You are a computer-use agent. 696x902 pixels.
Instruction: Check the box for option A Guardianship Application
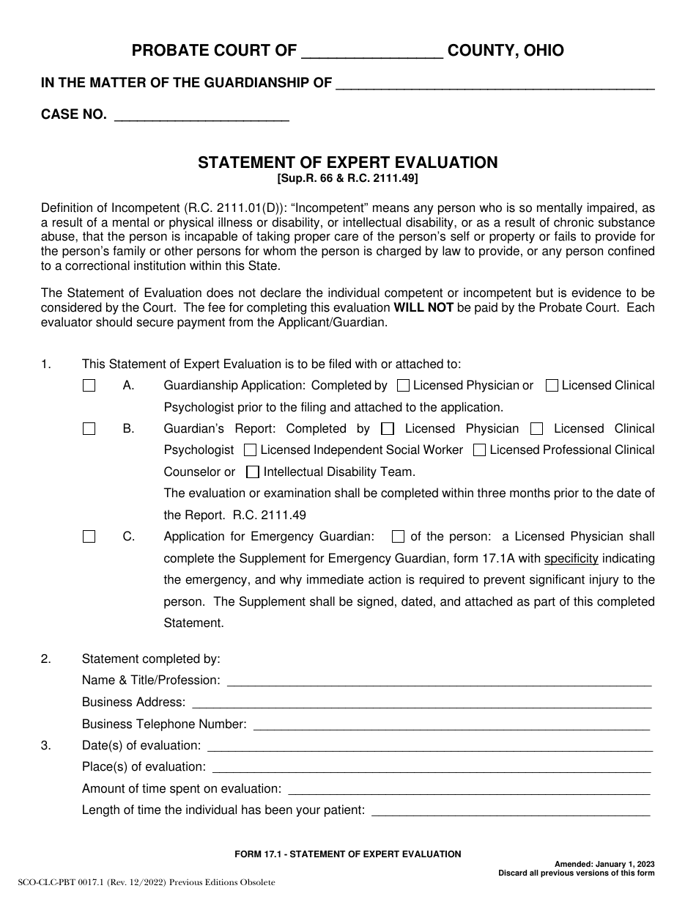coord(89,386)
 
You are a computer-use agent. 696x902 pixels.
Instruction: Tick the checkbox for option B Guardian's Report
coord(89,429)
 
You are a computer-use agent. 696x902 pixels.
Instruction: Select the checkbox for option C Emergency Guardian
coord(89,537)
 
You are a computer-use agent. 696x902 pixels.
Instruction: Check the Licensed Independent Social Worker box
coord(250,450)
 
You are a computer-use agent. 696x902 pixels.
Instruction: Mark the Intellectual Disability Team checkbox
coord(253,472)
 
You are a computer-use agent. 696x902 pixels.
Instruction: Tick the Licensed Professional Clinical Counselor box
coord(479,450)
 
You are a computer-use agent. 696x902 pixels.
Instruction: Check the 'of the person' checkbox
coord(399,537)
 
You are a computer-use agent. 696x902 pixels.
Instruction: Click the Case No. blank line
coord(202,114)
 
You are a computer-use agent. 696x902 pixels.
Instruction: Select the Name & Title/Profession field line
coord(439,681)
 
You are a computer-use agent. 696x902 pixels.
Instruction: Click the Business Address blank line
coord(421,703)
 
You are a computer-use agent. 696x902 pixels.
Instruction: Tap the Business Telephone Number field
coord(451,725)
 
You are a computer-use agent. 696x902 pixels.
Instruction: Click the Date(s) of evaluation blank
coord(430,746)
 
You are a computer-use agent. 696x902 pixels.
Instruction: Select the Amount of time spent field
coord(470,789)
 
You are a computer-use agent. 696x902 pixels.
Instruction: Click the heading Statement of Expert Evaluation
coord(347,163)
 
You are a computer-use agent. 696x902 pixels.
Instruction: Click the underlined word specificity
coord(571,559)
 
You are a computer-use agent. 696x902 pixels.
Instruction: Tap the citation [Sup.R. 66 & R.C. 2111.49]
coord(347,178)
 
